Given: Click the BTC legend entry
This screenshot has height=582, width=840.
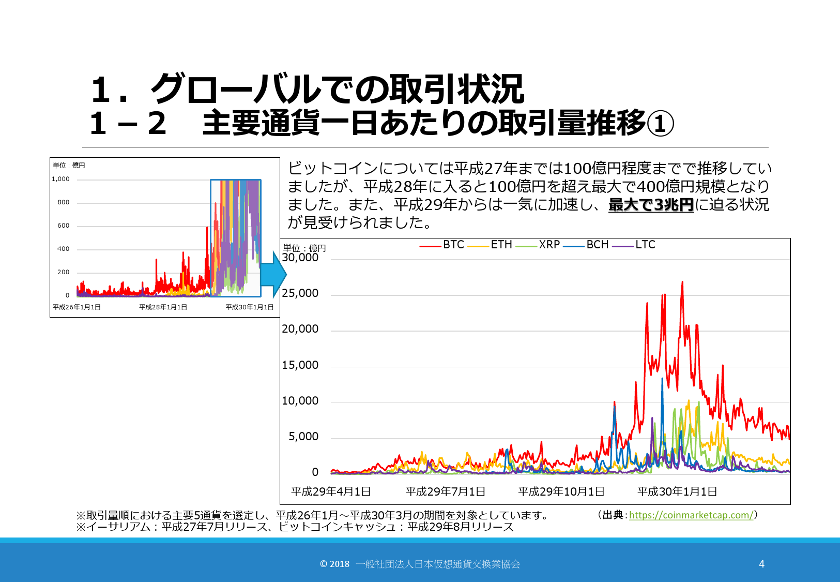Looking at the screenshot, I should click(x=442, y=245).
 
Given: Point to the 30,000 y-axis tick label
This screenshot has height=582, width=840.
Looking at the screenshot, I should click(x=300, y=258).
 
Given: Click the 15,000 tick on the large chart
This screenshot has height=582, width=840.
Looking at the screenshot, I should click(x=300, y=365).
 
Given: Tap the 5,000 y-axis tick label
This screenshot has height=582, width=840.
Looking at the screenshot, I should click(x=303, y=437).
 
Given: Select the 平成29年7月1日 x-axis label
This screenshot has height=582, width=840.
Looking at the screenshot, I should click(x=446, y=491).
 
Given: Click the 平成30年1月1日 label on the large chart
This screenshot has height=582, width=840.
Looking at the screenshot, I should click(x=677, y=491).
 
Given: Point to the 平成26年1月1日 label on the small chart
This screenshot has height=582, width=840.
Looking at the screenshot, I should click(x=77, y=307).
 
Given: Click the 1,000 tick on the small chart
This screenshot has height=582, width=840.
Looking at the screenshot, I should click(x=60, y=179).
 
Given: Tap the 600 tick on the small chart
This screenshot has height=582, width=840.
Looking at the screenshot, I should click(x=63, y=226).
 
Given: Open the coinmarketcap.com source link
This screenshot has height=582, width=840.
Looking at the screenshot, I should click(x=691, y=515).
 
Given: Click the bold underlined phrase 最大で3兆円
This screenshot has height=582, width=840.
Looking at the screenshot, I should click(x=651, y=205).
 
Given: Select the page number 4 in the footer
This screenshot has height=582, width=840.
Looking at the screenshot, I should click(x=761, y=564).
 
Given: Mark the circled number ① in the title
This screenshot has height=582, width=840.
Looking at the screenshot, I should click(x=660, y=124).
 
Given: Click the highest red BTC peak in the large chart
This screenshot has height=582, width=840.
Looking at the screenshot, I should click(x=682, y=282).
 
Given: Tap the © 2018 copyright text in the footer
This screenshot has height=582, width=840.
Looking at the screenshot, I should click(x=334, y=564).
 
